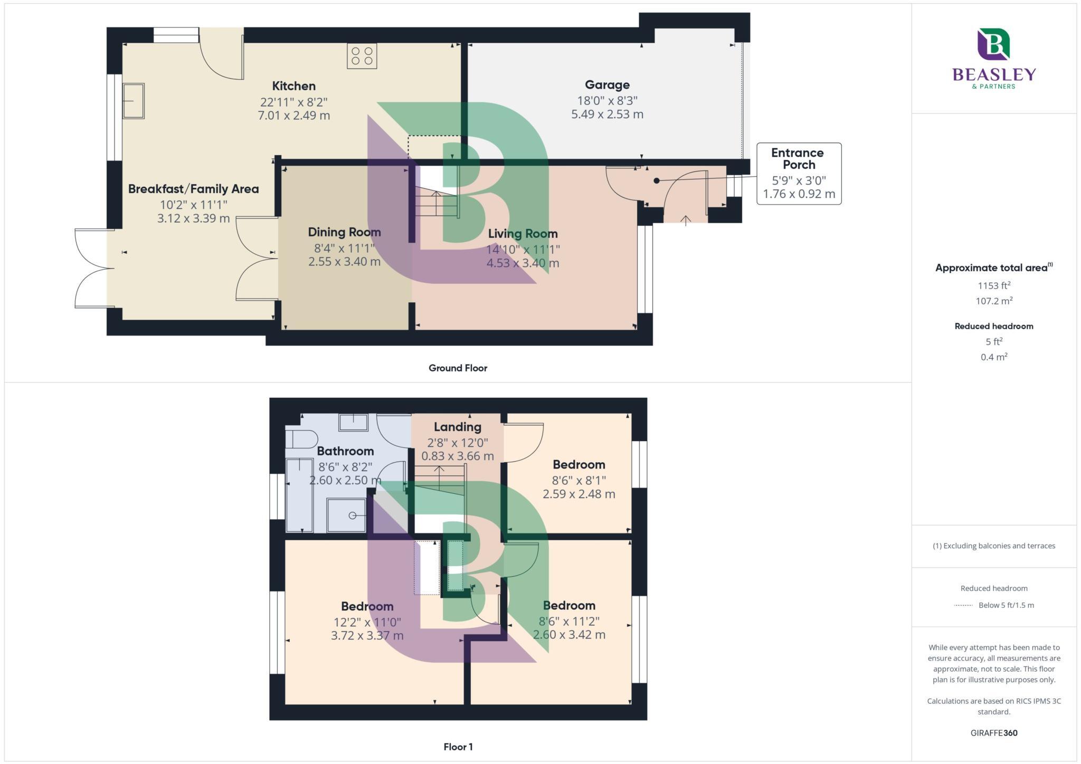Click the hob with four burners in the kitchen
(x=362, y=56)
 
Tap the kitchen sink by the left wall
(x=133, y=101)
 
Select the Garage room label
(x=607, y=85)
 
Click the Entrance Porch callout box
(x=799, y=174)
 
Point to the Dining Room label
(x=344, y=232)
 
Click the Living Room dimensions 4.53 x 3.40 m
(x=523, y=263)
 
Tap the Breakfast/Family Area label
(x=193, y=189)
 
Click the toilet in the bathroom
(x=301, y=439)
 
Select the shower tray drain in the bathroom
(x=352, y=515)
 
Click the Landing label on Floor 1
(x=457, y=427)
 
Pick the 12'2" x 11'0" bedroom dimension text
(x=367, y=622)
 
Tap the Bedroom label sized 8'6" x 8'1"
(x=579, y=465)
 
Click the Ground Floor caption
(x=458, y=368)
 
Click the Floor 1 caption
(x=458, y=747)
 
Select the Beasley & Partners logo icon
(x=993, y=44)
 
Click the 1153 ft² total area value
(x=993, y=285)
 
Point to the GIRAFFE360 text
(x=993, y=733)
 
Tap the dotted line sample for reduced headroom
(x=963, y=605)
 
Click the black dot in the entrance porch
(x=657, y=180)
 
